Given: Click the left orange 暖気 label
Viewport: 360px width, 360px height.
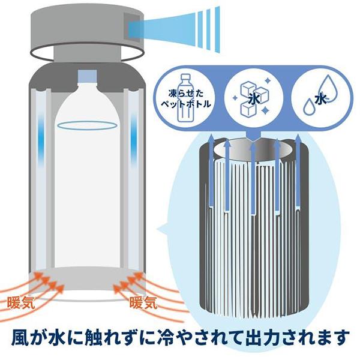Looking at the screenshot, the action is coord(21,303).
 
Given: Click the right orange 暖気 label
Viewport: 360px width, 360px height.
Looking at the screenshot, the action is coord(143,302).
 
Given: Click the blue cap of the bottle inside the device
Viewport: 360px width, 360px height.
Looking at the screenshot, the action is coord(87,76).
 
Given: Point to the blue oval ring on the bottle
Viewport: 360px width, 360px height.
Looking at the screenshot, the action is coord(87,125).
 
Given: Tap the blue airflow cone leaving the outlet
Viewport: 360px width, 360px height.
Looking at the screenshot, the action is coord(175,29).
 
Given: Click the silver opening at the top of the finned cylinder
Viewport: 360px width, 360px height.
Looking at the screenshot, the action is coord(253,150).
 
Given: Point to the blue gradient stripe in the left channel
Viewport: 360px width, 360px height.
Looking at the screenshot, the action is coord(41,138).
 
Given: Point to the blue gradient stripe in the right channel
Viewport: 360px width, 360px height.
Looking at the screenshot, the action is coord(134,138).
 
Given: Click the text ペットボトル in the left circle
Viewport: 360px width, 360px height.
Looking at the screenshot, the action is coord(185,104).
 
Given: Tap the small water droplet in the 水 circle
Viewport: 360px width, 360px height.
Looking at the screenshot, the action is coord(309,107).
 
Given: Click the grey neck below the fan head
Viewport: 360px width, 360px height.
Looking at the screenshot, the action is coord(87,54).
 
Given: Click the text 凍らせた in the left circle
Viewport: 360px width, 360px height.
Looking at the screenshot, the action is coord(186,94).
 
